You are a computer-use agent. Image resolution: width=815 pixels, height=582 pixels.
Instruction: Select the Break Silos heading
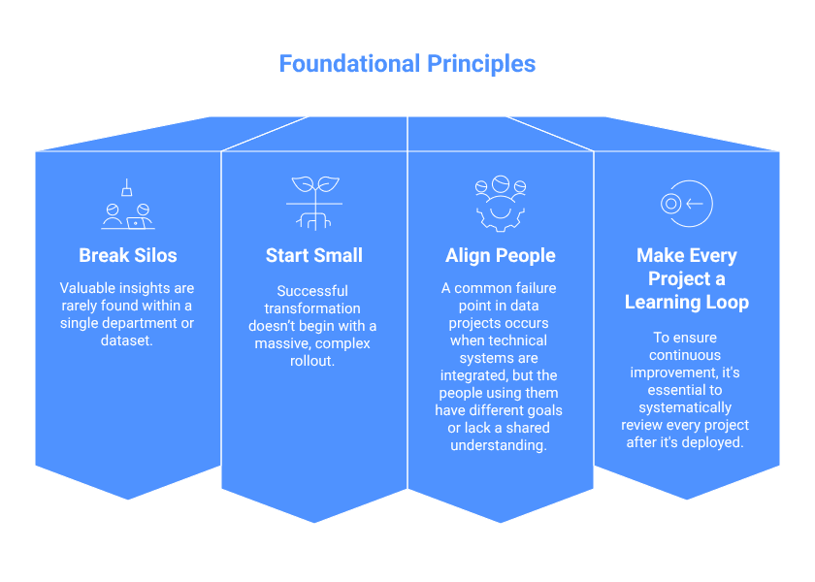(128, 256)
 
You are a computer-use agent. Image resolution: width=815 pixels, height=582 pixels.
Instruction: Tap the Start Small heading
(314, 256)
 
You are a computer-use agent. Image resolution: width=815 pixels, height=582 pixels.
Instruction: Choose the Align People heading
(501, 256)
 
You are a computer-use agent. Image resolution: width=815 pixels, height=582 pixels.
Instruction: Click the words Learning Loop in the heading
(687, 303)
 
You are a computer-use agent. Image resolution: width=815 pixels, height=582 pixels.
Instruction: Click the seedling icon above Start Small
(314, 203)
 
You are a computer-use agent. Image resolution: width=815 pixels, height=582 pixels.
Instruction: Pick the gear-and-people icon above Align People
(501, 201)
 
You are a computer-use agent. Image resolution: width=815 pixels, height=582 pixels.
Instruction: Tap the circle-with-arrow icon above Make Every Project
(686, 203)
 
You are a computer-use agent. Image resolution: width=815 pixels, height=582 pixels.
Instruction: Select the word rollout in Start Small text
(314, 360)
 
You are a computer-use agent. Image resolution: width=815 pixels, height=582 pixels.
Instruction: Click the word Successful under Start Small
(312, 291)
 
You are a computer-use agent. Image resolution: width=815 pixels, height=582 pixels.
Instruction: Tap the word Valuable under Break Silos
(89, 288)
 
